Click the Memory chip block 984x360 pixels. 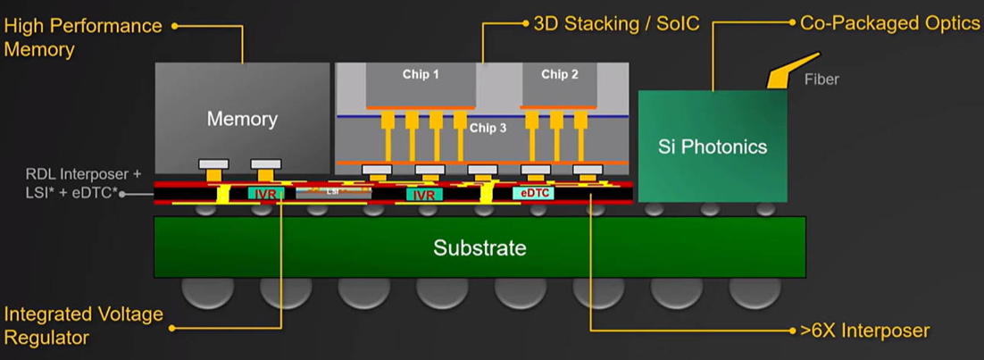tap(242, 117)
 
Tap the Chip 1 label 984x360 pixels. tap(421, 74)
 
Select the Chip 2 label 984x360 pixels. tap(560, 74)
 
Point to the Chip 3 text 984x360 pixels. tap(488, 128)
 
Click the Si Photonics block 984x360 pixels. tap(713, 147)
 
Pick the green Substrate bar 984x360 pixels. tap(479, 247)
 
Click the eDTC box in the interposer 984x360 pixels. tap(534, 193)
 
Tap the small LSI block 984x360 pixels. tap(331, 192)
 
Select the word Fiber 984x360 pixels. tap(821, 80)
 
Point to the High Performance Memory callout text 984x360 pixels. tap(82, 37)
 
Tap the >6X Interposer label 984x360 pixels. tap(863, 331)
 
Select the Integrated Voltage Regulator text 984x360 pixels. tap(83, 326)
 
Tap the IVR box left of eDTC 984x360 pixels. tap(424, 194)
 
